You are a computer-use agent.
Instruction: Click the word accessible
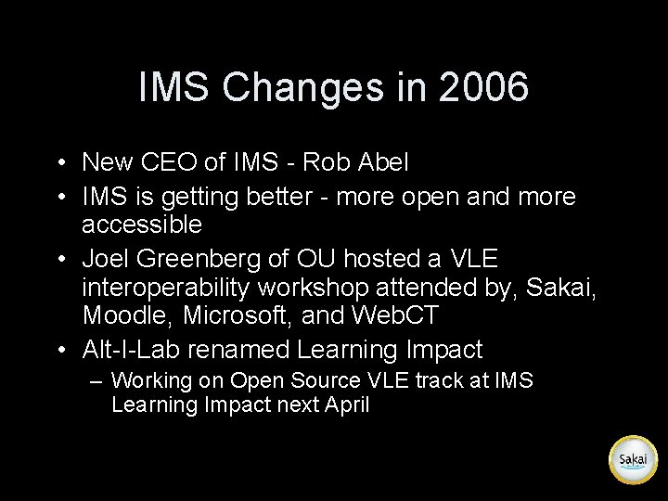click(141, 225)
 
